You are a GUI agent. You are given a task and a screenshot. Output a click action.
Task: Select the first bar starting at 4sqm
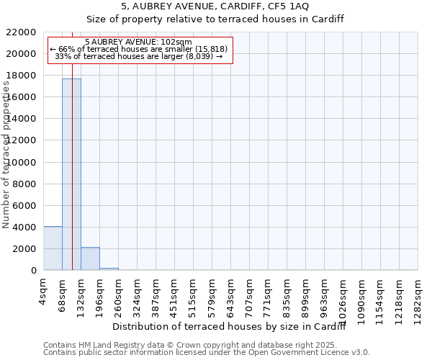coord(53,248)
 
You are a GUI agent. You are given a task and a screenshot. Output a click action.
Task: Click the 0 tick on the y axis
coord(33,271)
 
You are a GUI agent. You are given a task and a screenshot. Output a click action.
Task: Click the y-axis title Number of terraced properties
coord(7,155)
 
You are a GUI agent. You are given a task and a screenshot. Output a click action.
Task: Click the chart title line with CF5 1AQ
coord(215,6)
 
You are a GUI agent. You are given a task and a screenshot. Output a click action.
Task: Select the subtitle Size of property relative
coord(215,19)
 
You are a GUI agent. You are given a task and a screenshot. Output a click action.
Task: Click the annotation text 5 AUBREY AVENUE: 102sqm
coord(138,42)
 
